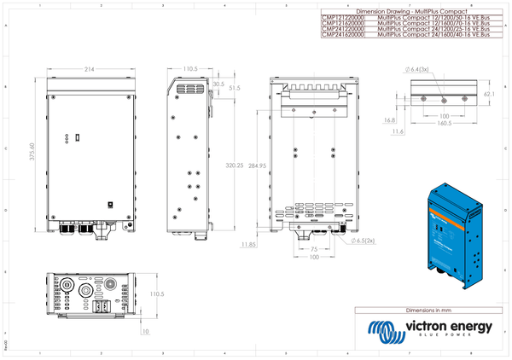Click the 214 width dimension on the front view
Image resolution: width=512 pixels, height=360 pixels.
click(x=90, y=69)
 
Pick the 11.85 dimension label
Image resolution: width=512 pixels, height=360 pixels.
click(x=248, y=244)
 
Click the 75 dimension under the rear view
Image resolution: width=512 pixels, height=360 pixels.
click(x=313, y=250)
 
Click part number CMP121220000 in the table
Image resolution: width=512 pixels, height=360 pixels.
click(x=341, y=16)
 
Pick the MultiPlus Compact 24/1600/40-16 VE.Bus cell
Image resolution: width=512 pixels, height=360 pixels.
click(x=433, y=35)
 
